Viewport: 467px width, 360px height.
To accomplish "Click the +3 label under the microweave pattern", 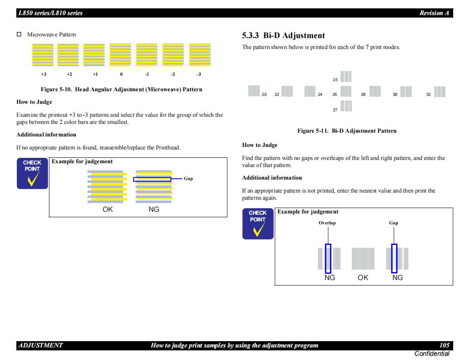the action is click(x=44, y=74).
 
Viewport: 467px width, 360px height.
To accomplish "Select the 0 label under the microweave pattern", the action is click(x=121, y=74).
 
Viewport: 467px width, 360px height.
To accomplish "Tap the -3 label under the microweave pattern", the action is click(x=199, y=74).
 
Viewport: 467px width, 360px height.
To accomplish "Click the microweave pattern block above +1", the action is click(x=94, y=55).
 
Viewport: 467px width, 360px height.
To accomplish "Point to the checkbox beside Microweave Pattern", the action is click(x=19, y=34).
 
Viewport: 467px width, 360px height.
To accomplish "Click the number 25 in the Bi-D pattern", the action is click(x=335, y=80).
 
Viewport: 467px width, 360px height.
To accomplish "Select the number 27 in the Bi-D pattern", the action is click(x=335, y=110).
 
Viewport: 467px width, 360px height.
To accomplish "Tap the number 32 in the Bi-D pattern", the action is click(x=428, y=94).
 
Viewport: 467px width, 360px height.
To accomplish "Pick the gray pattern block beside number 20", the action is click(x=254, y=91).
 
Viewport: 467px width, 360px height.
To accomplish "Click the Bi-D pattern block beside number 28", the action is click(x=375, y=91).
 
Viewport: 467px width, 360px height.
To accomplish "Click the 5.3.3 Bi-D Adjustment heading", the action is click(x=283, y=36).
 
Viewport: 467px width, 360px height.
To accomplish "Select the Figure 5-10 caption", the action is click(x=121, y=89).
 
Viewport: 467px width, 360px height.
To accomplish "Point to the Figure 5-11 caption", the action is click(x=347, y=131).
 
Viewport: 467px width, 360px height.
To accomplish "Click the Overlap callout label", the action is click(x=327, y=223).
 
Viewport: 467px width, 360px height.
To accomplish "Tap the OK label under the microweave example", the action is click(x=108, y=209).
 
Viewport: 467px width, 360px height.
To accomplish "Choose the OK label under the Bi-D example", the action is click(x=363, y=278).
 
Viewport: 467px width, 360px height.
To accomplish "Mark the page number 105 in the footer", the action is click(x=444, y=345).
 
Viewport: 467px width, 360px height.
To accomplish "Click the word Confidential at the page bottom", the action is click(x=432, y=353).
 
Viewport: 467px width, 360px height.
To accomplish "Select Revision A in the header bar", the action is click(x=434, y=13).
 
